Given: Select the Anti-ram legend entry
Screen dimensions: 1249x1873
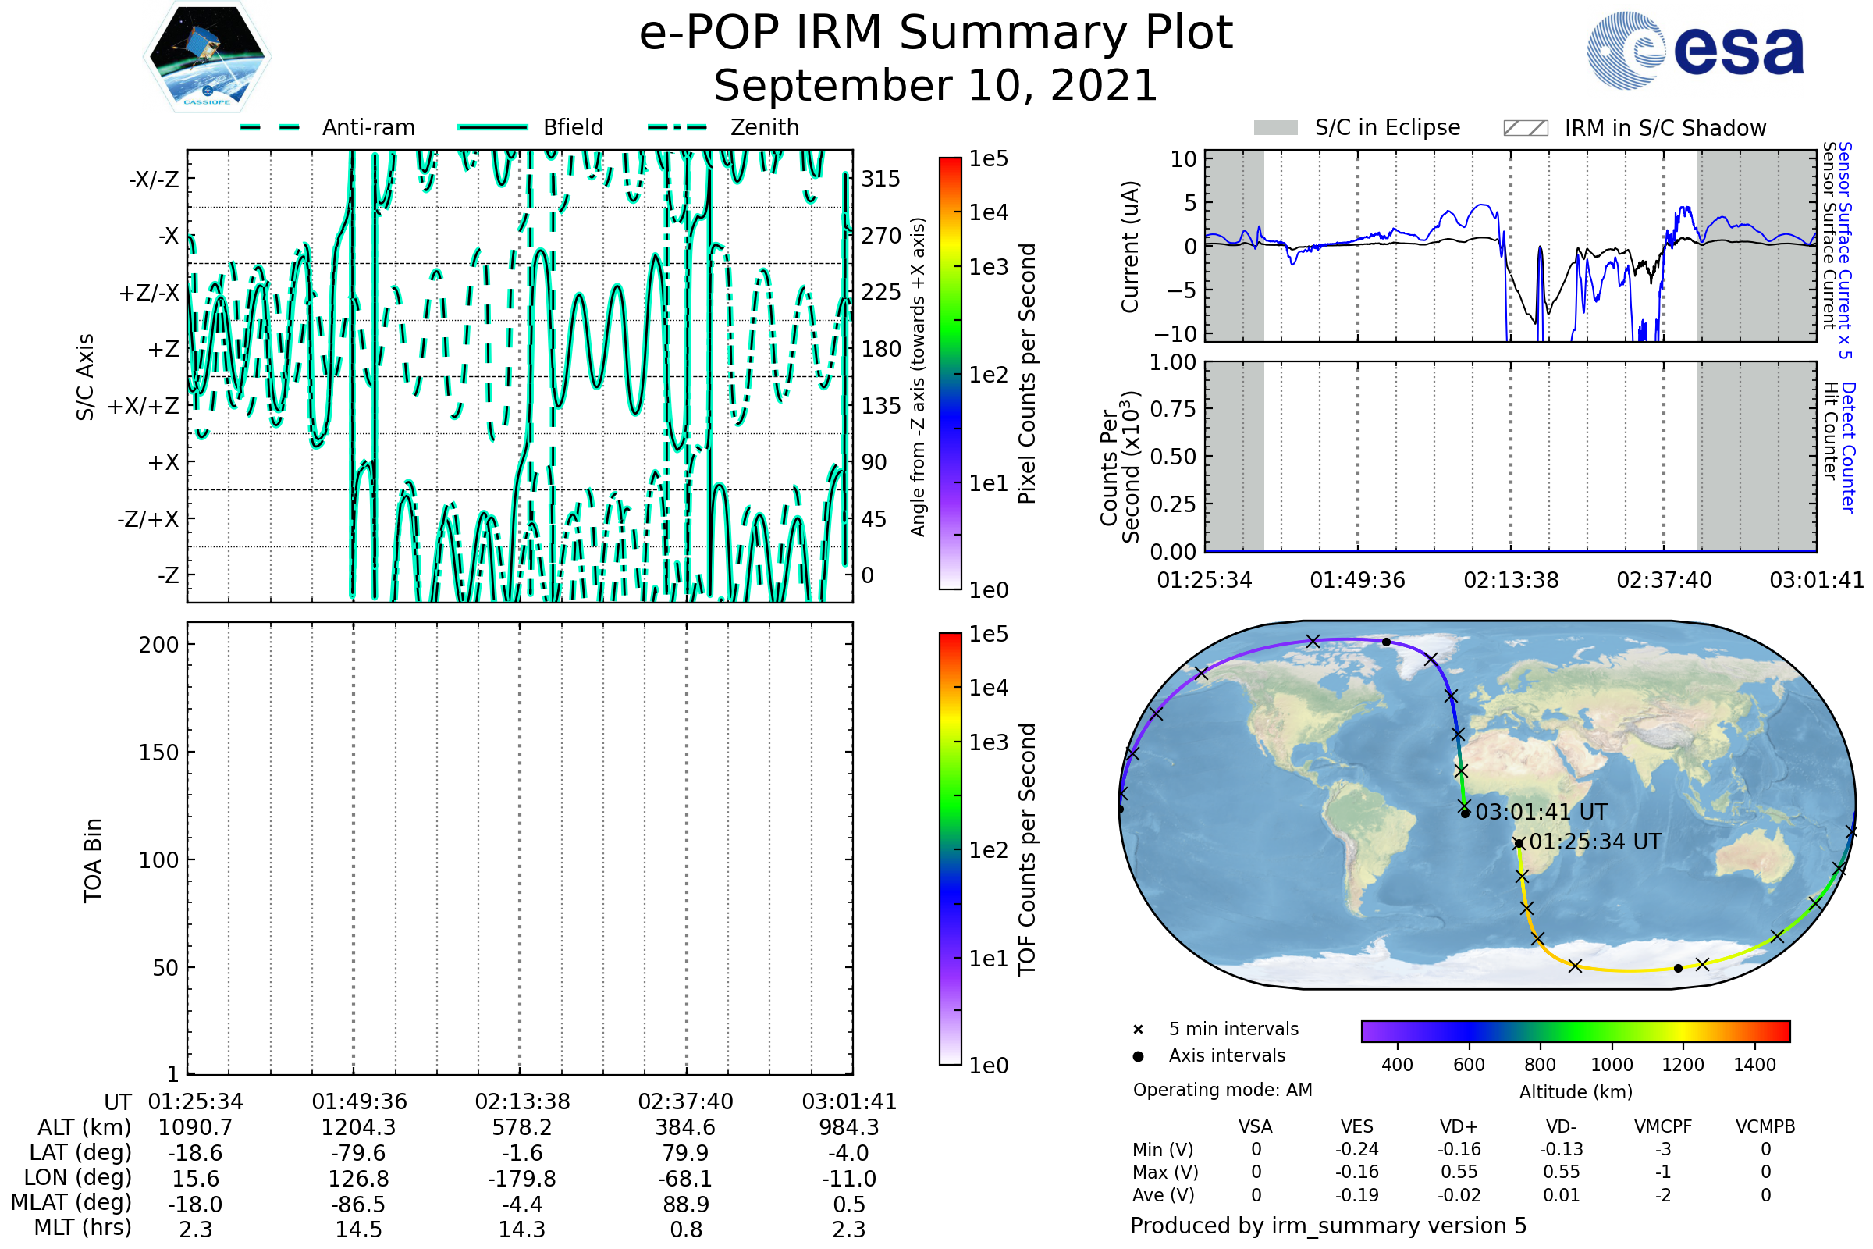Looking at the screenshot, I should pyautogui.click(x=368, y=127).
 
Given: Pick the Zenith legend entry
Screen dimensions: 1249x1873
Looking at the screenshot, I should pyautogui.click(x=764, y=127).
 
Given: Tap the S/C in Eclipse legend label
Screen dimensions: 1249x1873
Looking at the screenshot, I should pyautogui.click(x=1387, y=127).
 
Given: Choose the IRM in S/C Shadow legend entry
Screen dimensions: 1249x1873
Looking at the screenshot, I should pyautogui.click(x=1665, y=128).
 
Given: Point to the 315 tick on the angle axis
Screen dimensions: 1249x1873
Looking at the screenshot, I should pyautogui.click(x=880, y=179).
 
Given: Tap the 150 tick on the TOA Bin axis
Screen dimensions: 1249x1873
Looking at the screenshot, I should pyautogui.click(x=158, y=753).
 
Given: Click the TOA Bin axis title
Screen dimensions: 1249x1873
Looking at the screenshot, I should pyautogui.click(x=93, y=859).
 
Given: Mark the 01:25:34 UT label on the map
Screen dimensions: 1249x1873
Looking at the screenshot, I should pyautogui.click(x=1594, y=842).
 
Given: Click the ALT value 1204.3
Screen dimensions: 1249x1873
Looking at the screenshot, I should pyautogui.click(x=358, y=1127).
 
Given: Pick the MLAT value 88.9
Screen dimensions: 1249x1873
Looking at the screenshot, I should pyautogui.click(x=686, y=1205).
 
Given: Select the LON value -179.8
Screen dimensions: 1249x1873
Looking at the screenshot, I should pyautogui.click(x=521, y=1178).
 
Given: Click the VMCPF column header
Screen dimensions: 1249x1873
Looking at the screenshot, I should pyautogui.click(x=1662, y=1126).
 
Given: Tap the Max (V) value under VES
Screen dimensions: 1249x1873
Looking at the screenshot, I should pyautogui.click(x=1356, y=1172).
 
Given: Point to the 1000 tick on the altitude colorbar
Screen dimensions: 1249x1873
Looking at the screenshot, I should pyautogui.click(x=1611, y=1065).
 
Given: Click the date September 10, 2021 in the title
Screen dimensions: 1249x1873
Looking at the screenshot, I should pyautogui.click(x=935, y=86).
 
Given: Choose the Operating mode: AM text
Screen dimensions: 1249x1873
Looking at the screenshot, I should pyautogui.click(x=1221, y=1090).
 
